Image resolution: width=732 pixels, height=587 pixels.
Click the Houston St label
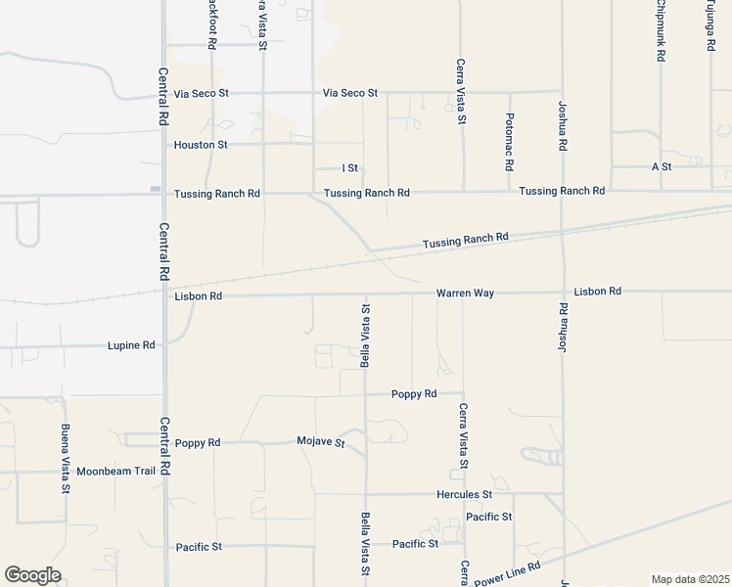click(x=201, y=145)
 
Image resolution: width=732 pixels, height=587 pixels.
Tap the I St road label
click(x=349, y=168)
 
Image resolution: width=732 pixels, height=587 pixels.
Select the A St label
click(x=662, y=167)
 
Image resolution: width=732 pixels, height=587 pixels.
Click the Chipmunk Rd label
click(x=661, y=31)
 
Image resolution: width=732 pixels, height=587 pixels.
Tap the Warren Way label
click(x=465, y=293)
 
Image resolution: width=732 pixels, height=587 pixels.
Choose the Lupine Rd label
click(x=130, y=345)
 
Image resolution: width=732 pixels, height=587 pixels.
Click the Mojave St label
click(x=321, y=442)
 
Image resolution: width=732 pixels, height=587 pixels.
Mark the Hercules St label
click(x=464, y=495)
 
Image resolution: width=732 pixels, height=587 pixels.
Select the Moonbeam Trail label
click(x=116, y=471)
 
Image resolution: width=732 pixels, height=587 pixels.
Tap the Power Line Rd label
click(x=507, y=574)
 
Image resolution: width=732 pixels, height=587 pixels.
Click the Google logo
click(x=32, y=575)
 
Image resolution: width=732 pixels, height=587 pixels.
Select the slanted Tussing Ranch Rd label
click(x=466, y=240)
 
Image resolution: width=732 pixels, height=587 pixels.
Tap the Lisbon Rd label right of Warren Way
click(x=598, y=292)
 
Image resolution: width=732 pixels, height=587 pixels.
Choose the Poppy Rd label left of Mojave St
click(x=198, y=443)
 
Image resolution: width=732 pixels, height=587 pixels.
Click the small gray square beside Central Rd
click(x=155, y=188)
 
